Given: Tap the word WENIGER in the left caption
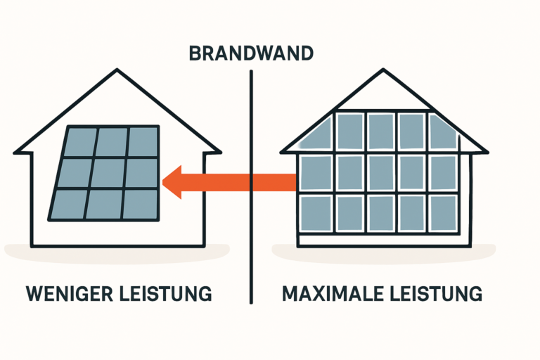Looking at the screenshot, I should click(66, 293).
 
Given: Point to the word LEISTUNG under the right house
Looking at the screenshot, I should click(434, 293).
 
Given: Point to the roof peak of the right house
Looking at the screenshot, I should click(383, 70).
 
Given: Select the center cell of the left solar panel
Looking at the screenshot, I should click(107, 173).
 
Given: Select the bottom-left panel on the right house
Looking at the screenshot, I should click(316, 213).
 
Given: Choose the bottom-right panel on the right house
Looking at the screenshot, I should click(443, 213).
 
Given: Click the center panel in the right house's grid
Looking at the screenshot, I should click(380, 172).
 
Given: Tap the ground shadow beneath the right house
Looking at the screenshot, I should click(383, 251).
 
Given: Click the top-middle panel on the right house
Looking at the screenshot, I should click(380, 131).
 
